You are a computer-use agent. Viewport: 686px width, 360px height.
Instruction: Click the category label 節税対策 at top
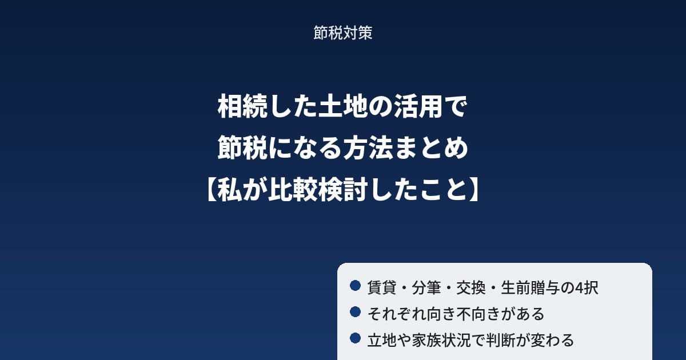tap(342, 33)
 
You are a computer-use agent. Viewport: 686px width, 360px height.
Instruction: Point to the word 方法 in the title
tap(368, 148)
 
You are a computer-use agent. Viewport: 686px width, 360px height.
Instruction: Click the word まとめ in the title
tap(431, 148)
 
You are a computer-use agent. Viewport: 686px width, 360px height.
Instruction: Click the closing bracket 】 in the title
tap(474, 190)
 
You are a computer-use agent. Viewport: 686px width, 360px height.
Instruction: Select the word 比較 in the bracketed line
tap(293, 190)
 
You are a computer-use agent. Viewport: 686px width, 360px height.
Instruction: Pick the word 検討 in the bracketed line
tap(343, 190)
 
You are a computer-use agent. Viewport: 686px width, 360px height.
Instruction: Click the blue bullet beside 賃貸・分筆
tap(355, 286)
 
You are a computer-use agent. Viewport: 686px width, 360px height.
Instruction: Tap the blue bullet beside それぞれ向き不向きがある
tap(355, 312)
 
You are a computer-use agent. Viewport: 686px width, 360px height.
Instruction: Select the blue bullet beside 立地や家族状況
tap(355, 338)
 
